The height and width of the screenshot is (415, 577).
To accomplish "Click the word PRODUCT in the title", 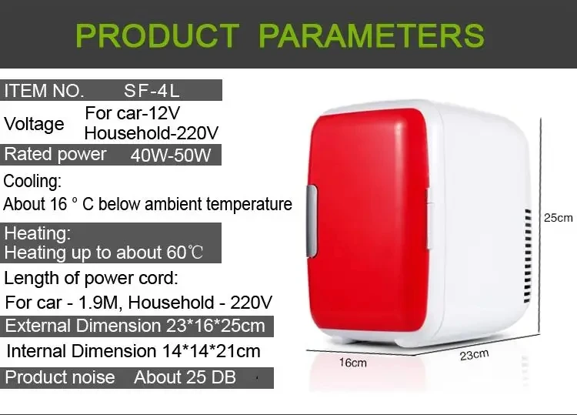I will click(158, 35).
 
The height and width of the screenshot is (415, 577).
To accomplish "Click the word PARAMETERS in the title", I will click(372, 35).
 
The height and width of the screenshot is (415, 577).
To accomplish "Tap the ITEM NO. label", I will click(44, 90).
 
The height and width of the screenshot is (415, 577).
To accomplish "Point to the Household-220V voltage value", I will click(152, 133).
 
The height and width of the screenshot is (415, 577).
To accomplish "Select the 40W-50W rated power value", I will click(170, 155).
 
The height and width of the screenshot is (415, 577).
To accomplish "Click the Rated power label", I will click(55, 154).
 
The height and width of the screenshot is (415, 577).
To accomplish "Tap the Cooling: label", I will click(32, 182).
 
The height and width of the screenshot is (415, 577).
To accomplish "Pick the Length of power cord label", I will click(91, 278).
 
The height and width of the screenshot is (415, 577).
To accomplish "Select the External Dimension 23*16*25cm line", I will click(135, 326).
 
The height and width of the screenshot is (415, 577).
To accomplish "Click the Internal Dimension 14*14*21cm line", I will click(133, 351).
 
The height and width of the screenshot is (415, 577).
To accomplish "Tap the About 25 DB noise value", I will click(185, 377).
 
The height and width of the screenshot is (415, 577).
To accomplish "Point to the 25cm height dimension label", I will click(559, 218).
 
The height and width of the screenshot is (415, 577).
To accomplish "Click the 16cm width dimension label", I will click(353, 362).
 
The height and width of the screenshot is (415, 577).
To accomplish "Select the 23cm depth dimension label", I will click(474, 355).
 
